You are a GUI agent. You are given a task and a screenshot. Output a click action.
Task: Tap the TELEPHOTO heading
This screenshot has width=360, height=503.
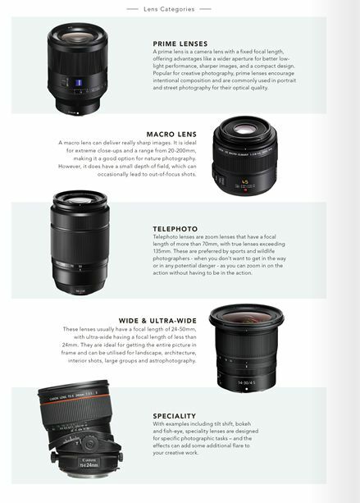175,227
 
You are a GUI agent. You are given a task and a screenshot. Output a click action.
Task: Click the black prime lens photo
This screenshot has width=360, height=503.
80,68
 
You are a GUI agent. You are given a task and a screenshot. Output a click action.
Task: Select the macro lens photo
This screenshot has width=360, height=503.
244,157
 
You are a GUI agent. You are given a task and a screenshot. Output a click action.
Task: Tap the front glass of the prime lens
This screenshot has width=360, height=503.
80,35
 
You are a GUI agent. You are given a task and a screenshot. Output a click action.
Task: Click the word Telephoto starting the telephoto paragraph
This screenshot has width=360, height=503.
166,236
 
